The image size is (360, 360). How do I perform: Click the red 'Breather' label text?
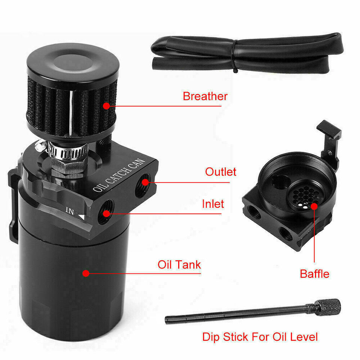click(x=205, y=96)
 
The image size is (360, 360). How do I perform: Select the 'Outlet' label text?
click(x=220, y=172)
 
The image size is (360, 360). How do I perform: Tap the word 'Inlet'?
click(x=213, y=204)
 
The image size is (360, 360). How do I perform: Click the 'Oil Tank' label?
click(x=179, y=264)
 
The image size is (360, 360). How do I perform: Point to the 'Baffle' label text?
click(x=314, y=274)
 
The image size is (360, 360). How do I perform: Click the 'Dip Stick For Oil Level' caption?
click(x=260, y=336)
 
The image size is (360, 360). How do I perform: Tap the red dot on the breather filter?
click(x=106, y=106)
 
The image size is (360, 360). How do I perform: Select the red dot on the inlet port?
click(x=106, y=214)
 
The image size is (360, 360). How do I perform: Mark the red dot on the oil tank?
click(x=86, y=273)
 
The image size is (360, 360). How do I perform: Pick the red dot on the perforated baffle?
click(x=313, y=205)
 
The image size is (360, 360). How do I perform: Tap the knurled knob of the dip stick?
click(x=329, y=307)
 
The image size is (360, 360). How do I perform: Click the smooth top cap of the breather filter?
click(x=73, y=62)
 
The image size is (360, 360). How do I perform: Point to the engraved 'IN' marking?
click(x=70, y=211)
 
